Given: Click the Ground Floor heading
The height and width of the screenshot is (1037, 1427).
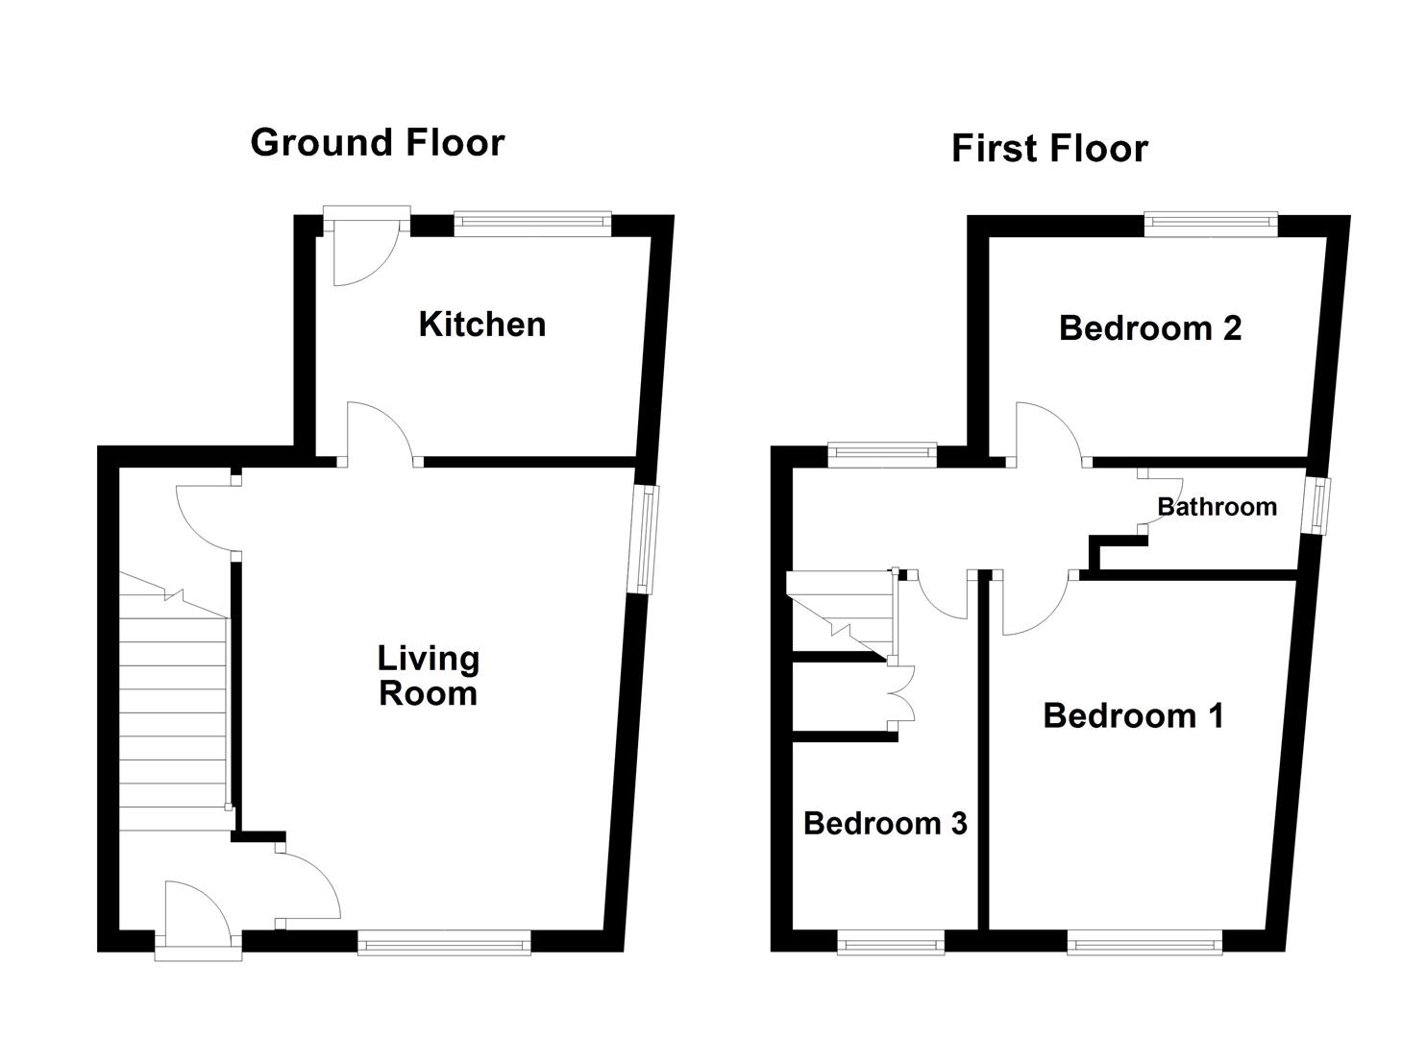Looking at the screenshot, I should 377,143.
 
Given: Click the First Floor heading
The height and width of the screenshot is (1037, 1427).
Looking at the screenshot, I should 1049,149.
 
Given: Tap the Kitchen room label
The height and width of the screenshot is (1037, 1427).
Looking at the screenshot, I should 482,325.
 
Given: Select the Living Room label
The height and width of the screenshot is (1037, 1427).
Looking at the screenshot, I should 428,676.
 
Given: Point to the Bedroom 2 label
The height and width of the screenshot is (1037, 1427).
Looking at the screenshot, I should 1150,328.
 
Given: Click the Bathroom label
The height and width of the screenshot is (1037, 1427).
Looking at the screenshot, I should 1217,507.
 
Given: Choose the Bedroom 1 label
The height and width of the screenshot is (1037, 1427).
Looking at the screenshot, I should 1133,716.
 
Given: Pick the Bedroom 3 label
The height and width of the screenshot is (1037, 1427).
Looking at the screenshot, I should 885,824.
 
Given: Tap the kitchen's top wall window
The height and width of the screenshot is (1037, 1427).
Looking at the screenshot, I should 532,224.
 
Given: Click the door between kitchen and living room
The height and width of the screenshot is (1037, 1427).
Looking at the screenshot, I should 381,434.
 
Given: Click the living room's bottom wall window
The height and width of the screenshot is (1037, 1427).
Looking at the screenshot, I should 444,943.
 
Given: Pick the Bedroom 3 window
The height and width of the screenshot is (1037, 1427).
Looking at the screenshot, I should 891,943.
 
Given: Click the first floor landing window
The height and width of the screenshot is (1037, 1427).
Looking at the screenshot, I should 882,453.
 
